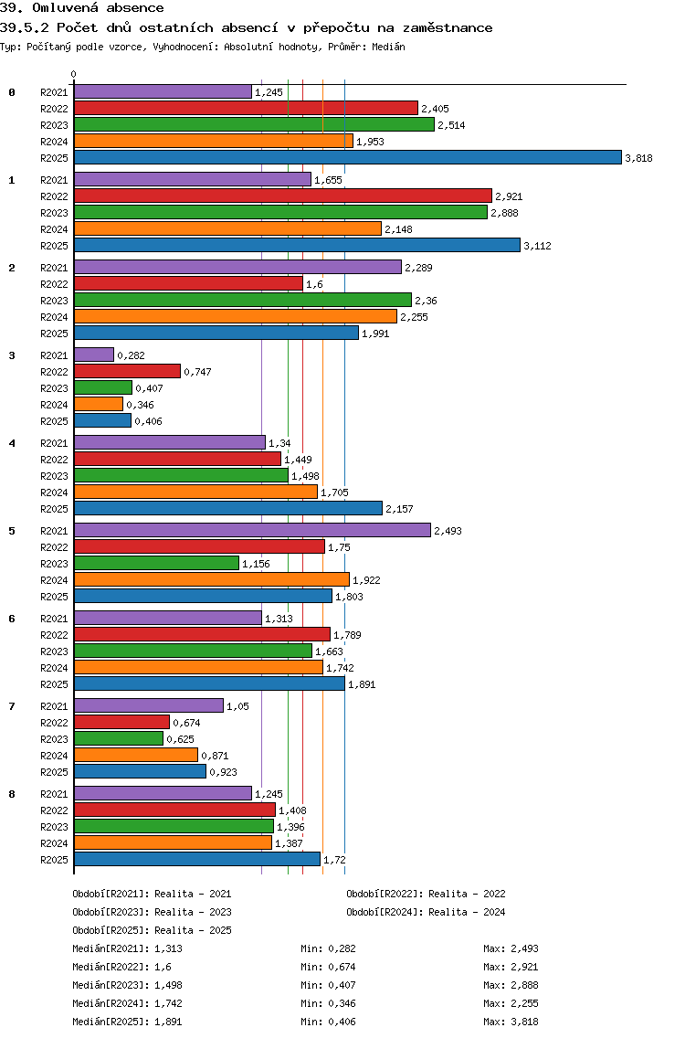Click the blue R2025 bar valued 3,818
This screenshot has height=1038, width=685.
pos(347,157)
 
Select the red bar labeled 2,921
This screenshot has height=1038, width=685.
pos(282,196)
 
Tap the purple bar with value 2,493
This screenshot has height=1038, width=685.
pos(251,530)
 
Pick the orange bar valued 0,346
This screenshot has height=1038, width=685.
pos(98,404)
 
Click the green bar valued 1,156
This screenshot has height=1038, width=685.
pos(156,563)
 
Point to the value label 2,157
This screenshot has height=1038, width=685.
pos(401,509)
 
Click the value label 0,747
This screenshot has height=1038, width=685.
pos(198,372)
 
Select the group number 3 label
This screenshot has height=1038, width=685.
pos(12,355)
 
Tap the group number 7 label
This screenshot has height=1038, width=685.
pos(12,706)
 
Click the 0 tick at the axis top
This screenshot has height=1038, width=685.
pos(74,75)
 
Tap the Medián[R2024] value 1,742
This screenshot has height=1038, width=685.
pos(169,1003)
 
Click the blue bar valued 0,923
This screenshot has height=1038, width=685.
pos(140,771)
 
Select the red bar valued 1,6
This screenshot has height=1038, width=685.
pos(188,283)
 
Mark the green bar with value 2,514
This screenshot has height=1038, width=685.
pos(254,124)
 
